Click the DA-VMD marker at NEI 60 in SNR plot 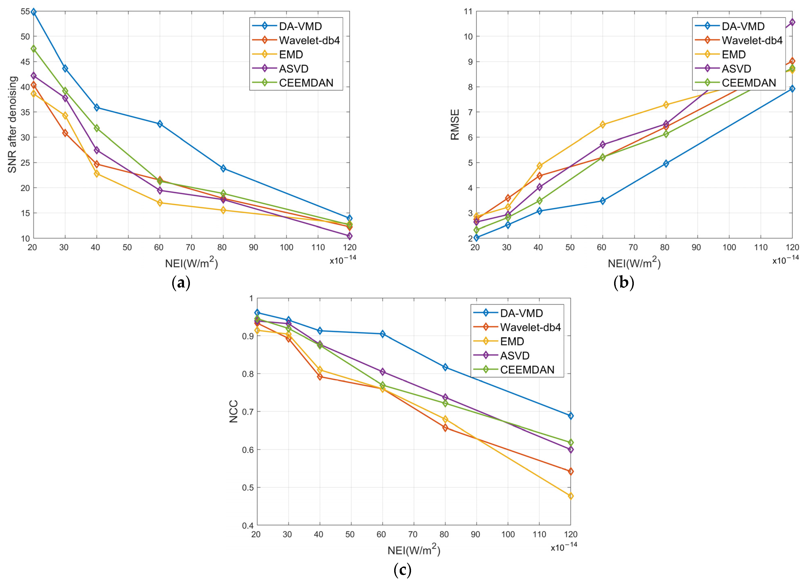160,124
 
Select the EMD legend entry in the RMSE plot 734,55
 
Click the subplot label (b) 624,283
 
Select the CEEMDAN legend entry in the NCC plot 527,370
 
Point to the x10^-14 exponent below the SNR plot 343,260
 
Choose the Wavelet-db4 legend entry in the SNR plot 309,40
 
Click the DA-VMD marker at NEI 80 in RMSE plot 666,164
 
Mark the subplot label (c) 402,570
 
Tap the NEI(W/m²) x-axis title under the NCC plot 413,549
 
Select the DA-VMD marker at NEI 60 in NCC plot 382,334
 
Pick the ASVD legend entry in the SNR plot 293,68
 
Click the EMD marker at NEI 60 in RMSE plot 602,125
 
